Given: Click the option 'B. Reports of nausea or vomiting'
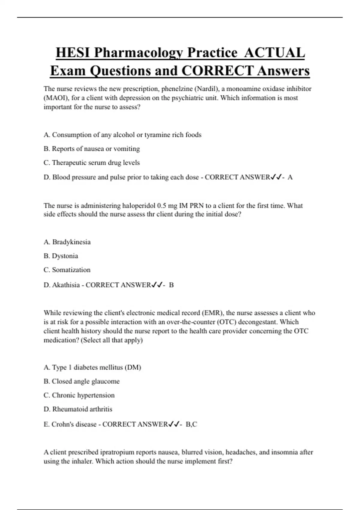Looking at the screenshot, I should pyautogui.click(x=91, y=149).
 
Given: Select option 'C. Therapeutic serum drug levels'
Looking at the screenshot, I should pyautogui.click(x=91, y=163).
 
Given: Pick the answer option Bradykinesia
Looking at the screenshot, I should pyautogui.click(x=71, y=242).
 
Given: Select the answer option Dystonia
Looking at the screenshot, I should pyautogui.click(x=65, y=256).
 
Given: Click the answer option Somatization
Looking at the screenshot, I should pyautogui.click(x=71, y=270).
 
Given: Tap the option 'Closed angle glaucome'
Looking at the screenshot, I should pyautogui.click(x=85, y=381).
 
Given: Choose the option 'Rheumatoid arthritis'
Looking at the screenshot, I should pyautogui.click(x=82, y=409).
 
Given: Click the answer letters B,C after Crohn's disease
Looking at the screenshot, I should pyautogui.click(x=191, y=424).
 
